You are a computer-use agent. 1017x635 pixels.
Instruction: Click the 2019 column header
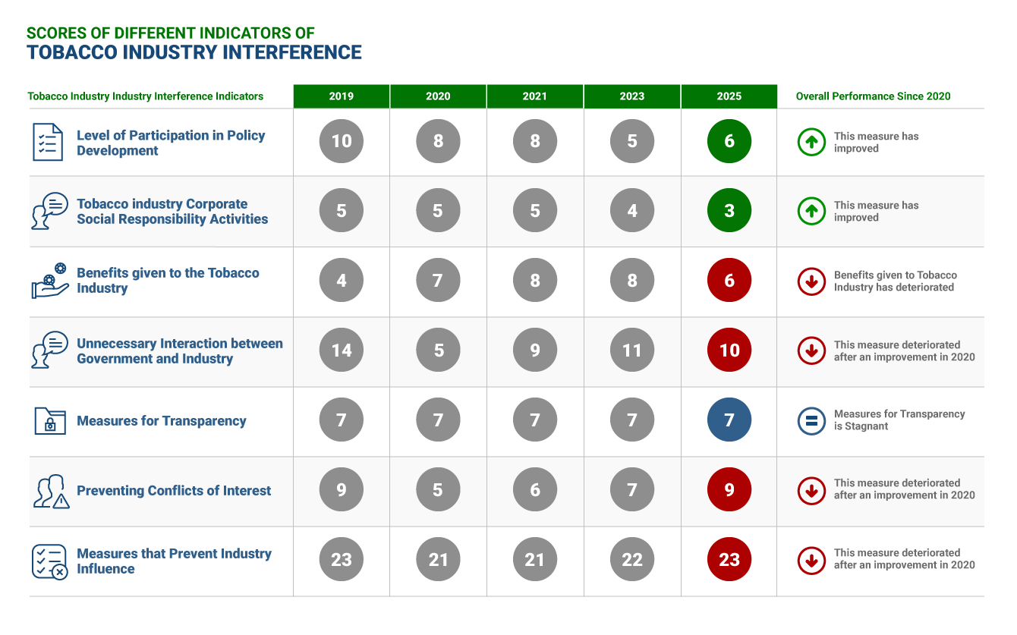(x=341, y=96)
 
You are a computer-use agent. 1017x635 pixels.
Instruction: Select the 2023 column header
(x=632, y=96)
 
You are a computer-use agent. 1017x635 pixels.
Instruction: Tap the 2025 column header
(x=729, y=96)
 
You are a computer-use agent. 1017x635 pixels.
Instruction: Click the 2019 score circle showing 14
(x=342, y=350)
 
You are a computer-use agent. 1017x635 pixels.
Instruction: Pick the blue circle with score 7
(x=729, y=420)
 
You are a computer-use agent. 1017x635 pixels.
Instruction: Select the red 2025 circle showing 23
(x=729, y=559)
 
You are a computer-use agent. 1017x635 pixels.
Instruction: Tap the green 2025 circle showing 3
(x=729, y=211)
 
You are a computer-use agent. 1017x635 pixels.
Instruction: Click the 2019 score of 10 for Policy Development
(x=342, y=141)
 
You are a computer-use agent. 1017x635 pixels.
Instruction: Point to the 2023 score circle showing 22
(x=632, y=559)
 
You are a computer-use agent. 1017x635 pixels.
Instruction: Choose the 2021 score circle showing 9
(x=535, y=350)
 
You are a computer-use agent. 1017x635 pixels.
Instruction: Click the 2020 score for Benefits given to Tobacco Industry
(x=438, y=280)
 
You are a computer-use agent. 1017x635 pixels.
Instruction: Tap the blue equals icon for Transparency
(x=811, y=421)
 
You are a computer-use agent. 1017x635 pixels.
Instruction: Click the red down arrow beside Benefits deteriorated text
(x=811, y=281)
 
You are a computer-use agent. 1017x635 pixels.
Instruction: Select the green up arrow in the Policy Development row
(x=811, y=142)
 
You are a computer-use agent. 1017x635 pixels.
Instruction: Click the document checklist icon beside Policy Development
(x=48, y=142)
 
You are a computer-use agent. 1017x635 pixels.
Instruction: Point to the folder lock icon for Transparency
(x=50, y=421)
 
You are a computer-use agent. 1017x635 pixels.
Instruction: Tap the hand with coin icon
(x=50, y=281)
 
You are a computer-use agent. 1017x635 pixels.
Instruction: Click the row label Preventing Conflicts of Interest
(x=174, y=491)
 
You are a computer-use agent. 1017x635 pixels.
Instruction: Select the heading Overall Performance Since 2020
(x=873, y=96)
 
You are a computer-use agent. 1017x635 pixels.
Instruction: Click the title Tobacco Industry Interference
(x=194, y=52)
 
